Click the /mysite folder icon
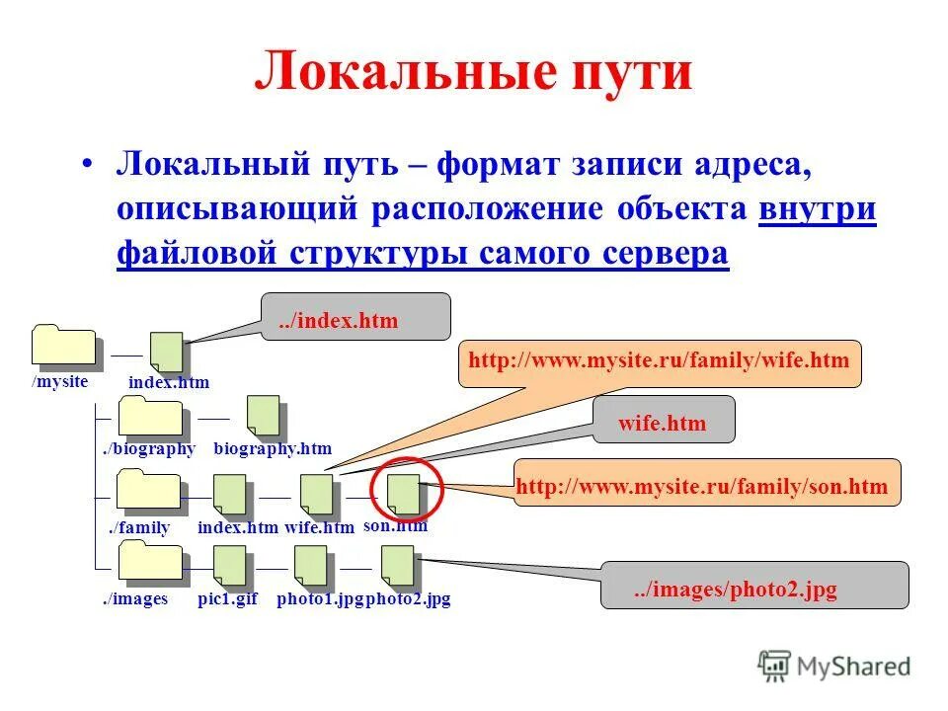coord(64,346)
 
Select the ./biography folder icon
coord(149,417)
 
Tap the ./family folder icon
coord(149,490)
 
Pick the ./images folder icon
coord(149,563)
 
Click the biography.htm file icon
coord(262,416)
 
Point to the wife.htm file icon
coord(317,495)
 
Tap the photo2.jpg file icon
coord(397,566)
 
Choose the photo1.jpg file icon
coord(310,566)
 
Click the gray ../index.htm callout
coord(355,317)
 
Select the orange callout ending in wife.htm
coord(660,362)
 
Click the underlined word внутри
coord(818,210)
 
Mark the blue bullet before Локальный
coord(89,165)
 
